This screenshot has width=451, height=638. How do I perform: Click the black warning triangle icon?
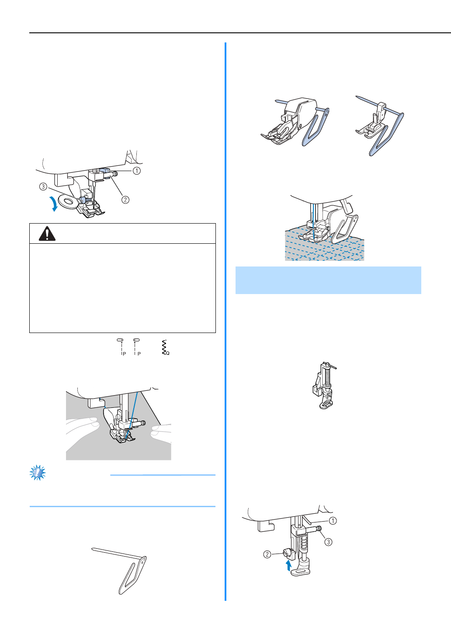tap(47, 234)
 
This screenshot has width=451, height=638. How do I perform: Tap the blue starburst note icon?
tap(38, 473)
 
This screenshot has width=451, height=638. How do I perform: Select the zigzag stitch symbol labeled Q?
tap(166, 347)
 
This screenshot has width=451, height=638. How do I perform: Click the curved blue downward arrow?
tap(55, 204)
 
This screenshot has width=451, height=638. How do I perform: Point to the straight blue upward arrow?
tap(288, 565)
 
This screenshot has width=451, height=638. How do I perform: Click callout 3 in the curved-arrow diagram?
tap(43, 186)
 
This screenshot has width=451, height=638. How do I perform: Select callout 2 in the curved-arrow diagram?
tap(125, 200)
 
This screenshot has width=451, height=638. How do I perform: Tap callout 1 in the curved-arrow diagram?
tap(137, 171)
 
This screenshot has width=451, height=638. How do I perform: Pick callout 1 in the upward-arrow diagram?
tap(333, 521)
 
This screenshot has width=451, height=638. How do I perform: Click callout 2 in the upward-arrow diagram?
tap(267, 554)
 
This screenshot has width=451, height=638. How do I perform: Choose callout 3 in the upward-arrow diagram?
tap(329, 542)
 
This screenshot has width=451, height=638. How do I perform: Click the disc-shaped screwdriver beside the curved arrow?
tap(68, 202)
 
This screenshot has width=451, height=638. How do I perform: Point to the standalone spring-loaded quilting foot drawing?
tap(324, 386)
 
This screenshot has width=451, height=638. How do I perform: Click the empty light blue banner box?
tap(328, 280)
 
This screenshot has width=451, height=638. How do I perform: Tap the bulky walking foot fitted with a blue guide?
tap(295, 123)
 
